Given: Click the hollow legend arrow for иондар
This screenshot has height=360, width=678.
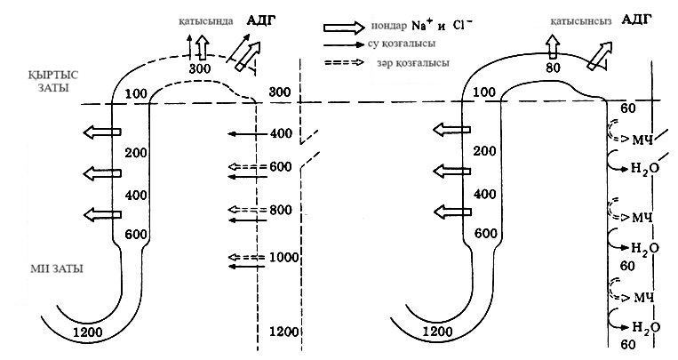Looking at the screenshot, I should coord(345,28).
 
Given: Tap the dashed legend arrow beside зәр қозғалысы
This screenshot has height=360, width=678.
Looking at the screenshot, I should coord(345,63).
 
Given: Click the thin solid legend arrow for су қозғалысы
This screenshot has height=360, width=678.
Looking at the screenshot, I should coord(345,45).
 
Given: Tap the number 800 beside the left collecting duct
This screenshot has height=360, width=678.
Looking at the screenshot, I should coord(281,211).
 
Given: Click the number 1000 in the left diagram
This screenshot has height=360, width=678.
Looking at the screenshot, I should coord(285,258).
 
